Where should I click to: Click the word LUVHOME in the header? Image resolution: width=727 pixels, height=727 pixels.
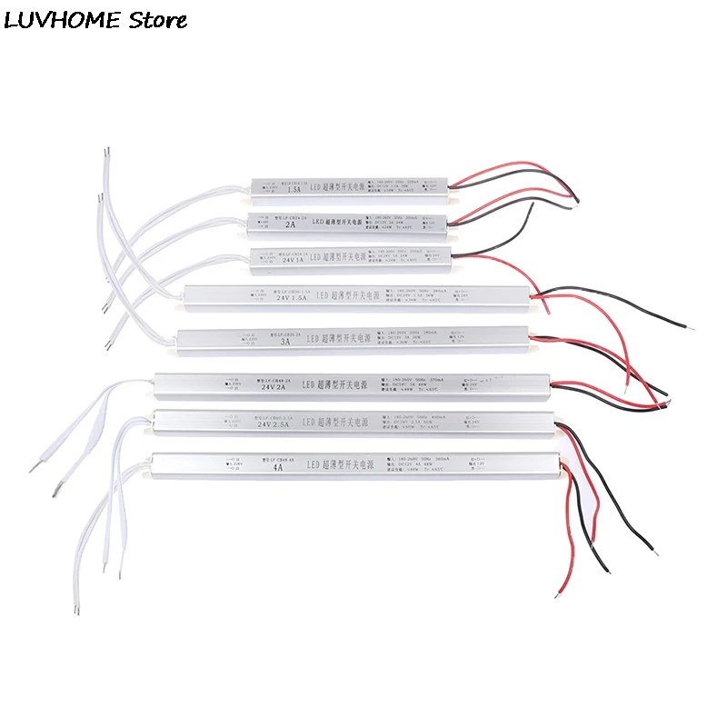61,19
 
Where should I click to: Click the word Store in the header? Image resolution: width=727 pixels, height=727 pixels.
156,19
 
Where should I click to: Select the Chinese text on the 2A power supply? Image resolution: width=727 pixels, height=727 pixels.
351,223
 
